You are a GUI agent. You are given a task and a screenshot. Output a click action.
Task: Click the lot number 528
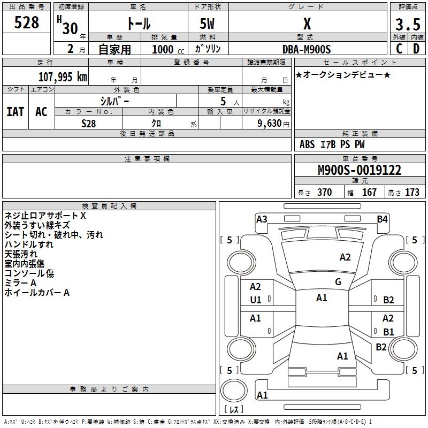27,23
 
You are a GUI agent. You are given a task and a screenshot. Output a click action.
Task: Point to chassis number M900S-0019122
359,171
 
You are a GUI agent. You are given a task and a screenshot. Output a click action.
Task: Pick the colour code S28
89,123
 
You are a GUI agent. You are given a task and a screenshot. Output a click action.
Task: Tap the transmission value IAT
15,112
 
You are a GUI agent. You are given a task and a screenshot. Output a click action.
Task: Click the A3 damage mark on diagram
262,219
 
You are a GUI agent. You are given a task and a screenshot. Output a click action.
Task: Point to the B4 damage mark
382,219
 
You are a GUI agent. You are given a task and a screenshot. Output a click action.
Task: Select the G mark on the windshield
338,282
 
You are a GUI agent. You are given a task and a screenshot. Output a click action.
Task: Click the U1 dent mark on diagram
256,300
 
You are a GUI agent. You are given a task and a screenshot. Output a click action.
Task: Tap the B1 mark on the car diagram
388,332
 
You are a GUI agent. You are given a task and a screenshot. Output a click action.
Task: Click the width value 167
370,193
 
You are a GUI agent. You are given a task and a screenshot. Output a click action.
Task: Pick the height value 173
412,193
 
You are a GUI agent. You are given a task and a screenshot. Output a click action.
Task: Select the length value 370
324,193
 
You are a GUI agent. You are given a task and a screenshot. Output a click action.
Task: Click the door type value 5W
208,25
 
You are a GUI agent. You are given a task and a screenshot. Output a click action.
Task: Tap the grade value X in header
307,24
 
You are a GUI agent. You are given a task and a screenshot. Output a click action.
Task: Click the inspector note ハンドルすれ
29,244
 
